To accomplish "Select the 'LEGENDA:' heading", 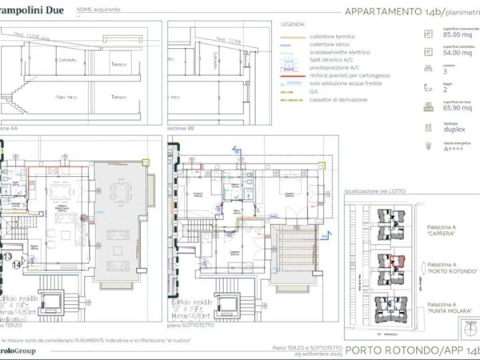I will [293, 27].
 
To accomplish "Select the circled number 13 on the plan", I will [6, 258].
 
